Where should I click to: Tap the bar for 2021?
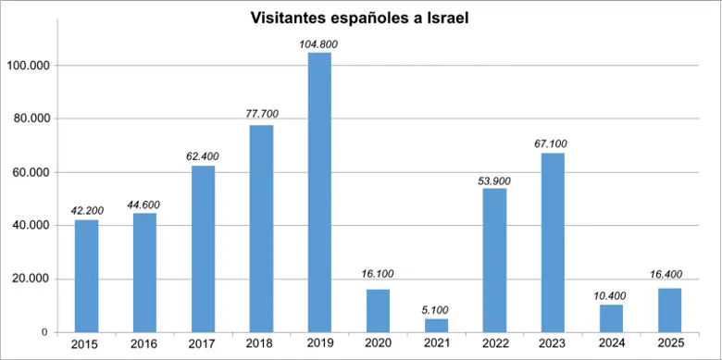[436, 325]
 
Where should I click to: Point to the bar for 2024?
[611, 318]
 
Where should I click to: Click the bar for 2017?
[203, 249]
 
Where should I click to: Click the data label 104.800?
[319, 43]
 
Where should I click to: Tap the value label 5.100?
[436, 310]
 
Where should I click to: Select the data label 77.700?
[261, 115]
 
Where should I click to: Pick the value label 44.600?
[144, 204]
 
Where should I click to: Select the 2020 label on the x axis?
[378, 344]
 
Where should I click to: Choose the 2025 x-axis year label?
[669, 344]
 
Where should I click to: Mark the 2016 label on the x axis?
[144, 344]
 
